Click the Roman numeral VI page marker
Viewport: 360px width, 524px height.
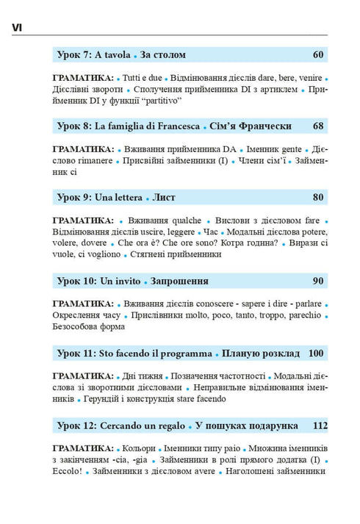tap(19, 27)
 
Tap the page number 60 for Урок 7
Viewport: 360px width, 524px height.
tap(317, 54)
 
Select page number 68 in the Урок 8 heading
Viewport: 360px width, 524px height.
tap(317, 126)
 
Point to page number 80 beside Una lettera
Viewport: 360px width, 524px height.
tap(317, 197)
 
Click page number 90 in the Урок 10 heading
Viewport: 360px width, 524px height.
tap(317, 281)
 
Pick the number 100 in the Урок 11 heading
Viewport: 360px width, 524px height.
tap(316, 353)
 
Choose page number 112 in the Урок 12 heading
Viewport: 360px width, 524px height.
tap(316, 425)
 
